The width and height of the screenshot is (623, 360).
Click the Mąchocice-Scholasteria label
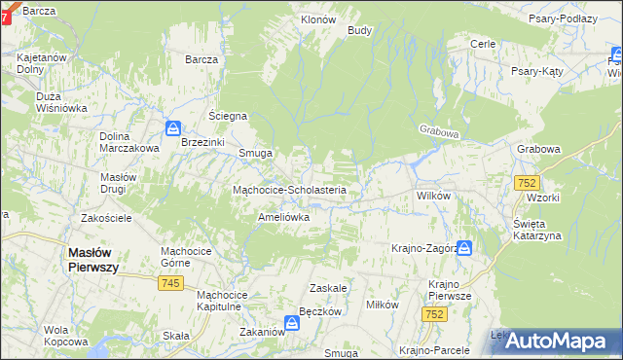(289, 190)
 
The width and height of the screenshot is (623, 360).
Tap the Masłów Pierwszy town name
(93, 260)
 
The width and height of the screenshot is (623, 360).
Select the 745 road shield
(171, 282)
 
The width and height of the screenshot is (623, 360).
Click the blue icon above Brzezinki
(172, 127)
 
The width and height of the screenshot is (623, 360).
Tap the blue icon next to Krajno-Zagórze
(464, 248)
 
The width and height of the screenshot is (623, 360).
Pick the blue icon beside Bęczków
(291, 322)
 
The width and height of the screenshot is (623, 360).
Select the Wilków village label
(433, 196)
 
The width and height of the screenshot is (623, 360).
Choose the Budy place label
(360, 30)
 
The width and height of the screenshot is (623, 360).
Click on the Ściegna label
(229, 116)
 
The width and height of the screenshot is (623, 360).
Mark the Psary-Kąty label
(541, 71)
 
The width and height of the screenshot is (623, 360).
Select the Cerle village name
(483, 44)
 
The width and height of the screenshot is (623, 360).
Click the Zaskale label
(328, 289)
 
